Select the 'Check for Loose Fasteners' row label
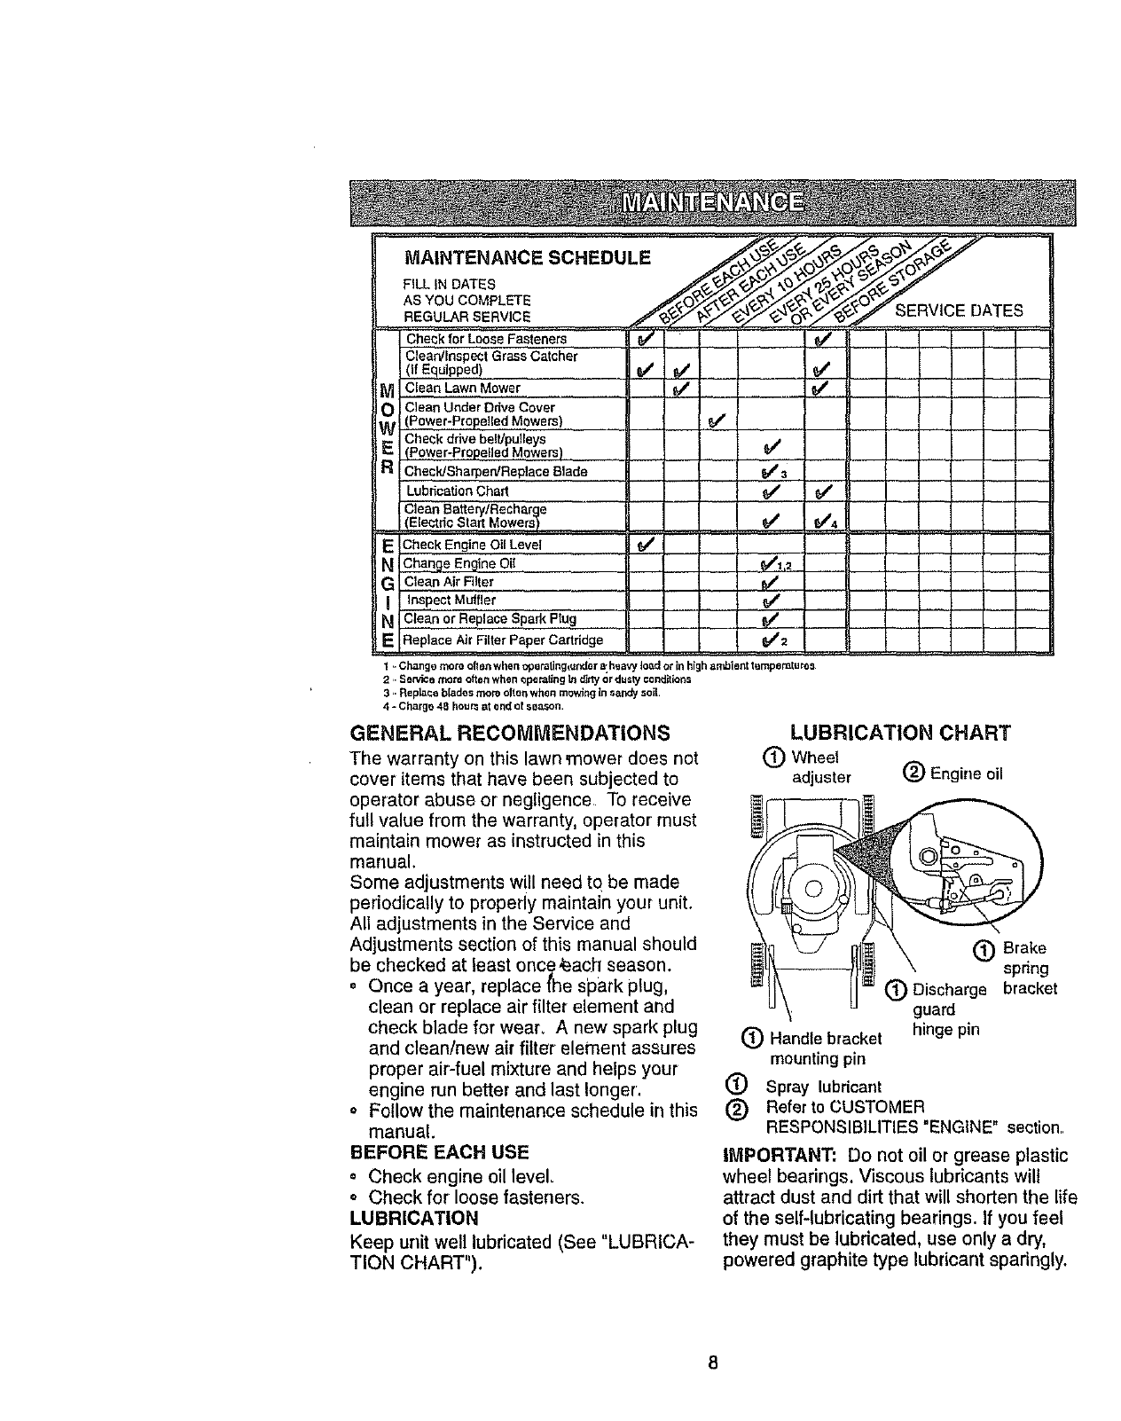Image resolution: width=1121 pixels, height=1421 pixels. tap(486, 339)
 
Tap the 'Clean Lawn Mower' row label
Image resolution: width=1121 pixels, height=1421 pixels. tap(462, 388)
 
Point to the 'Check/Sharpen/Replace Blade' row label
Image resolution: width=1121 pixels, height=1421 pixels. tap(496, 471)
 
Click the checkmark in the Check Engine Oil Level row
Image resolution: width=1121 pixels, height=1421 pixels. tap(645, 544)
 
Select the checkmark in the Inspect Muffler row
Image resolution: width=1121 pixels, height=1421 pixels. tap(769, 600)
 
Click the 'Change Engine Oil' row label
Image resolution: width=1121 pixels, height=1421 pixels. tap(459, 563)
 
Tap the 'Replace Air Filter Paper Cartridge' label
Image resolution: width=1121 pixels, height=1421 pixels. tap(503, 640)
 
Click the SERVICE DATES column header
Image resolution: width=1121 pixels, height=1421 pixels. tap(958, 310)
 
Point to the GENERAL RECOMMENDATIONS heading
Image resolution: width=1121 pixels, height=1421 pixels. tap(510, 734)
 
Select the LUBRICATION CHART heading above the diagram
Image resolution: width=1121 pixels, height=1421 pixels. tap(899, 733)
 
